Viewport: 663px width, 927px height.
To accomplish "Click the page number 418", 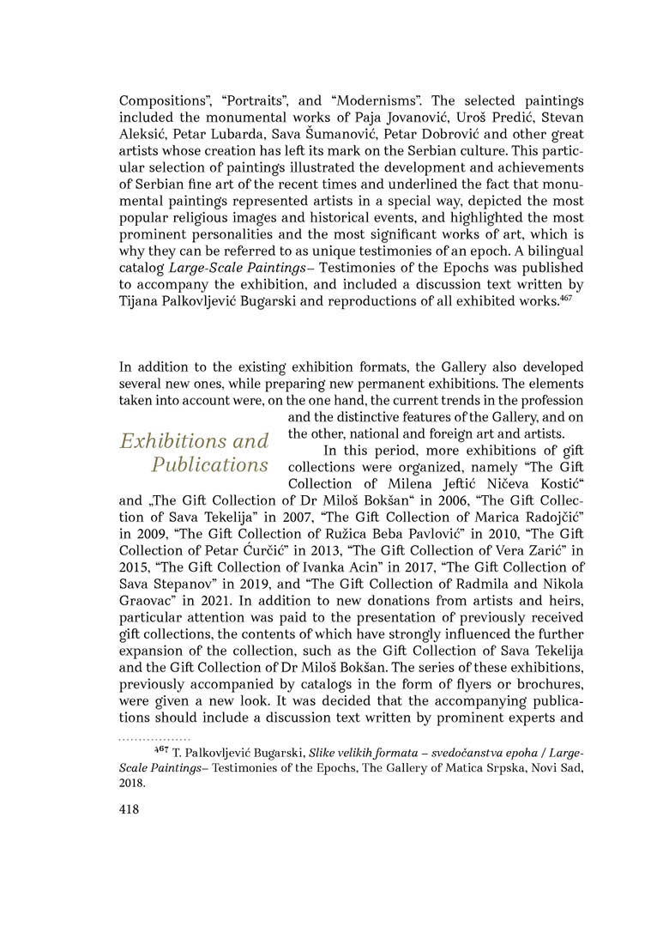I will [130, 808].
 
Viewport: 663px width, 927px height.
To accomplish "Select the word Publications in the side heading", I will [209, 465].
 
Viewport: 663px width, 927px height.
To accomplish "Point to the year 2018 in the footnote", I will [131, 784].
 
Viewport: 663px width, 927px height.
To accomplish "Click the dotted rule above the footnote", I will [154, 738].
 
